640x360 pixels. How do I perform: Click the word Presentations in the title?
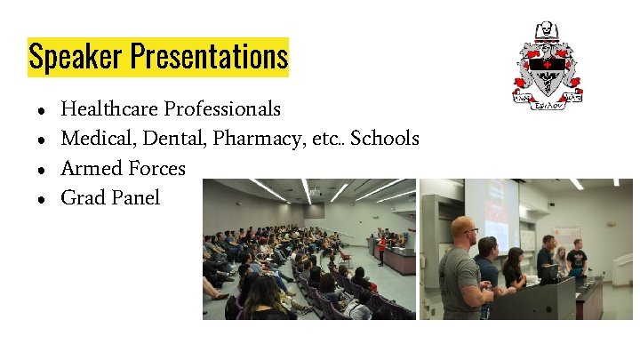210,57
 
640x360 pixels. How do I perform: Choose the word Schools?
385,139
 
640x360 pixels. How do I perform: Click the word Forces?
157,168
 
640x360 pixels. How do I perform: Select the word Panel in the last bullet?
136,197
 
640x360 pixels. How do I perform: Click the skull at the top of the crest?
544,31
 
